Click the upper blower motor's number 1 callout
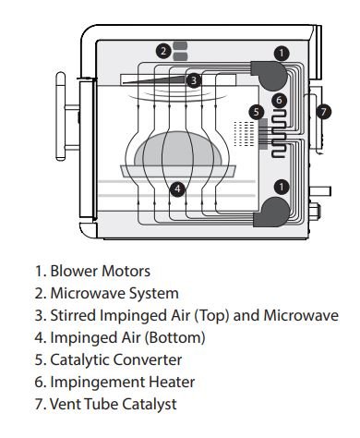tap(282, 54)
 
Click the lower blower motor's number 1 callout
tap(282, 187)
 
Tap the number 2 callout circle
tap(163, 51)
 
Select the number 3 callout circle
tap(194, 80)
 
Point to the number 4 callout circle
tap(178, 189)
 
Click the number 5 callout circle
tap(257, 112)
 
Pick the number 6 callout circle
tap(279, 100)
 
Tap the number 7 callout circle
tap(323, 112)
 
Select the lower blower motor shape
tap(271, 212)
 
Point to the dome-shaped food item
tap(178, 149)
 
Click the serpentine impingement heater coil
tap(279, 134)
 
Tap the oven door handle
tap(61, 116)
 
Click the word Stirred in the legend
tap(73, 315)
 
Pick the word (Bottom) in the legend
tap(174, 337)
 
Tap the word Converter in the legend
tap(148, 359)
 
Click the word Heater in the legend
tap(172, 382)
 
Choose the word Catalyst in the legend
tap(151, 405)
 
